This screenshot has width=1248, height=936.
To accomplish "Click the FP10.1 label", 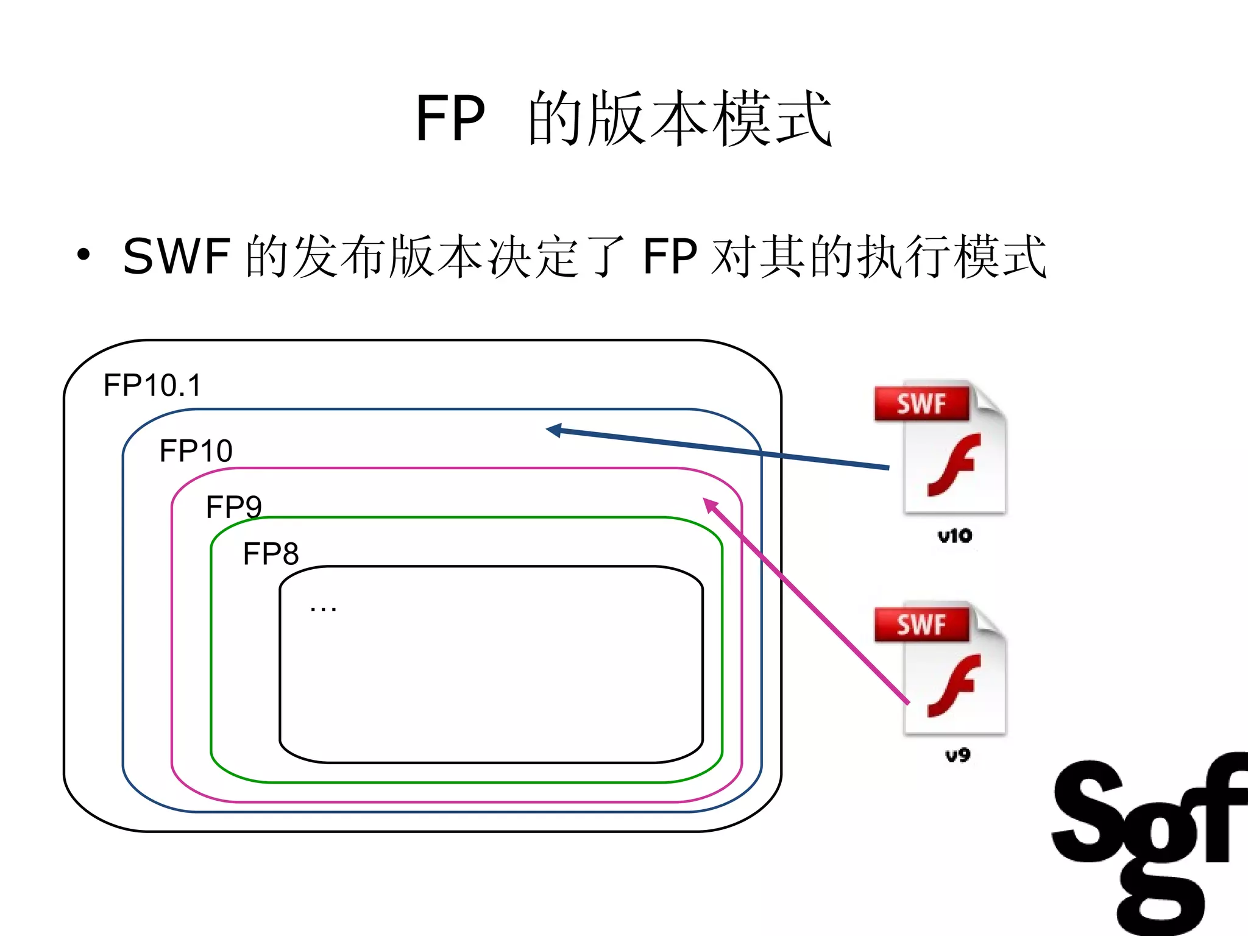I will coord(152,385).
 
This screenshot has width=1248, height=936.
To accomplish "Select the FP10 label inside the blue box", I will coord(196,451).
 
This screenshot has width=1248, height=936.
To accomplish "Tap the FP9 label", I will coord(233,506).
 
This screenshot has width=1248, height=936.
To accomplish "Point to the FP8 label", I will coord(271,554).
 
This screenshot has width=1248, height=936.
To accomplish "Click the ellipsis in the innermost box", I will coord(323,608).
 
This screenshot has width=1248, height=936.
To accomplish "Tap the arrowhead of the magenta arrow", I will coord(709,504).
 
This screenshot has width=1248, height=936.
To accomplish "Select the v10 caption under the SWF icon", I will coord(954,536).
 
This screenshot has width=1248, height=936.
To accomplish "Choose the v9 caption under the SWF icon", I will coord(957,756).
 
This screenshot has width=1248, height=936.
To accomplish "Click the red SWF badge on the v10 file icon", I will coord(921,404).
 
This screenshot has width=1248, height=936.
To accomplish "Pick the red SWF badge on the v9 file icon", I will coord(921,625).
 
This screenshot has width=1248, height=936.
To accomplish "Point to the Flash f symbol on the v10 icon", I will coord(954,464).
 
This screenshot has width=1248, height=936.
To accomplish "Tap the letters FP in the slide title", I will coord(450,118).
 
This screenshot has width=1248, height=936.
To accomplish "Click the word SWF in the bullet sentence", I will coord(177,257).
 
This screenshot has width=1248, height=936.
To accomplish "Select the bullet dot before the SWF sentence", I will coord(83,255).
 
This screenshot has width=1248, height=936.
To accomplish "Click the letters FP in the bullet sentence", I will coord(670,257).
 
